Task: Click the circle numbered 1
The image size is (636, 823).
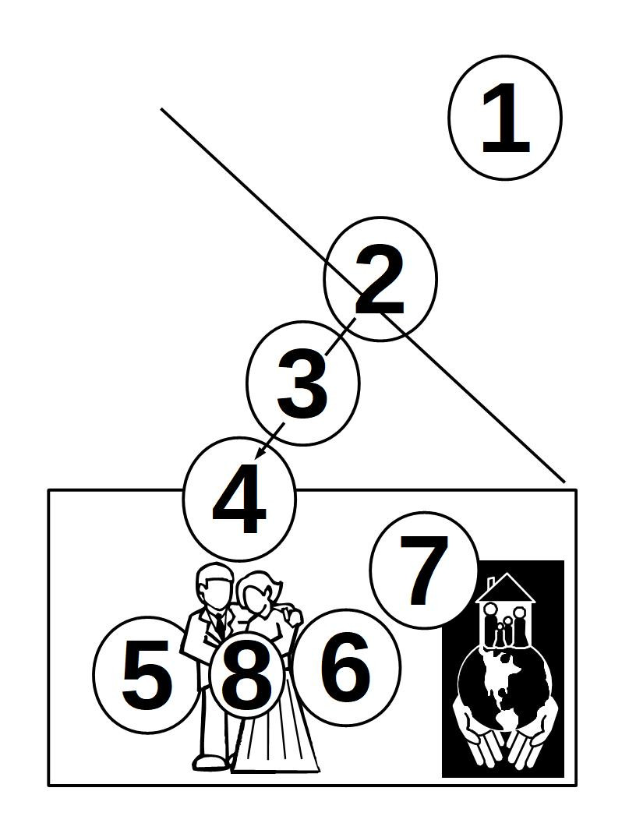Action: click(x=505, y=118)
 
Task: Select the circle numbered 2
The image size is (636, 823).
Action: click(x=380, y=279)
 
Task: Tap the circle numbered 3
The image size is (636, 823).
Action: click(x=303, y=382)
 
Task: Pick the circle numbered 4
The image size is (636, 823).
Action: click(x=239, y=499)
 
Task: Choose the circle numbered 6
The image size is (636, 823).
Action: click(x=345, y=667)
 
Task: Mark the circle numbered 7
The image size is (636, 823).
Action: click(x=424, y=570)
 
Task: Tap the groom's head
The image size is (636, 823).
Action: click(x=214, y=586)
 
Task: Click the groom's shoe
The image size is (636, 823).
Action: click(x=209, y=761)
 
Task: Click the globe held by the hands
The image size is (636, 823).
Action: click(x=503, y=686)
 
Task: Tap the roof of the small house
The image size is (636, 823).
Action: click(x=507, y=588)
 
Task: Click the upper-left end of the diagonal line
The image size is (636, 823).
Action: click(x=162, y=110)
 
